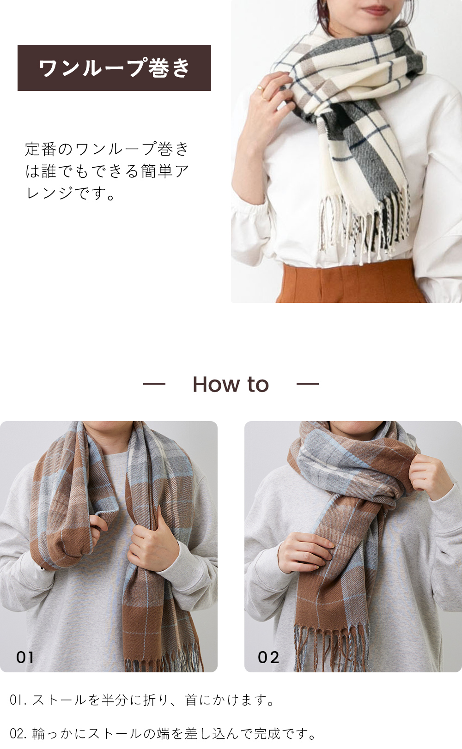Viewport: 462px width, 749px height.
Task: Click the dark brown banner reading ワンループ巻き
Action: point(114,68)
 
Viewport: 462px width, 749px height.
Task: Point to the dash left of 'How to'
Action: point(154,384)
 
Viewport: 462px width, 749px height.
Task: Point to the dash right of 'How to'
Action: point(307,384)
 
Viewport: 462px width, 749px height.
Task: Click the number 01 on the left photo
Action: point(25,658)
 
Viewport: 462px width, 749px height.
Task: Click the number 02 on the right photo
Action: point(268,658)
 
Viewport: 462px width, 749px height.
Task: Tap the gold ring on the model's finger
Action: point(260,88)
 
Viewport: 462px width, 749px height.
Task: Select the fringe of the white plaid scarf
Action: point(365,226)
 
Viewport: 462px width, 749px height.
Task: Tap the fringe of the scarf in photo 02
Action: point(331,647)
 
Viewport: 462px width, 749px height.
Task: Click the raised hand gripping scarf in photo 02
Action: point(432,476)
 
